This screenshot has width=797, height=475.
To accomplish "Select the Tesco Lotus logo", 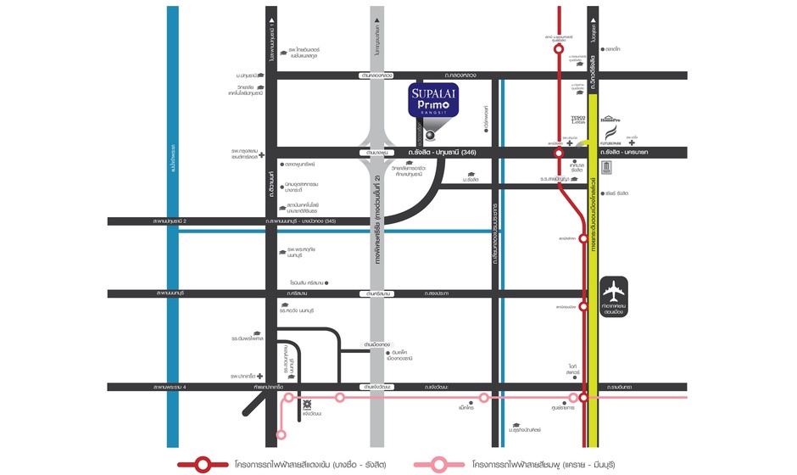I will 578,120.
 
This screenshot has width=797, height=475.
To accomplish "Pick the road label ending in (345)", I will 301,221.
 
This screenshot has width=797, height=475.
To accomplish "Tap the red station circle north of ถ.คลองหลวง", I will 559,49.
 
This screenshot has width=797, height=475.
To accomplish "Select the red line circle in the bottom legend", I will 203,464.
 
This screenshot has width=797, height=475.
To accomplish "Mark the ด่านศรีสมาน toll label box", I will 374,293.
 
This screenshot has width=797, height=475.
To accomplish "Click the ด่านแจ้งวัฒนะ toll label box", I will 375,387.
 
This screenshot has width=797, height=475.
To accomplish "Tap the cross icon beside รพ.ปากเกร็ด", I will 260,376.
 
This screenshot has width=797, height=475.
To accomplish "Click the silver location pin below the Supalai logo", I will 431,134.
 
